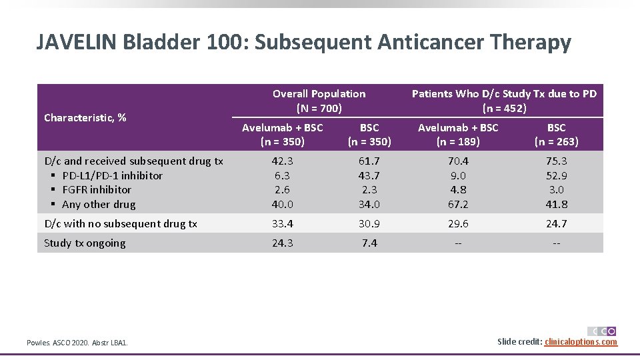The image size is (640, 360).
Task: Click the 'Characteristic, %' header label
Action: click(x=85, y=118)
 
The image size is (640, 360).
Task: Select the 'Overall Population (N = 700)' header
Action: click(x=319, y=101)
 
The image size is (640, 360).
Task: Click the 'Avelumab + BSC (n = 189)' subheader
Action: click(x=457, y=134)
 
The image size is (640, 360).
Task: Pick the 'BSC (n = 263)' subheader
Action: click(x=556, y=134)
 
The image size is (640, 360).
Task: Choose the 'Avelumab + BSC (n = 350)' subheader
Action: click(x=282, y=134)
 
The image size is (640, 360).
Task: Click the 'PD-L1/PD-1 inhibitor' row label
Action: click(x=112, y=175)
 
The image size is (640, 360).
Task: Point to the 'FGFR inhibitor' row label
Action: click(x=97, y=190)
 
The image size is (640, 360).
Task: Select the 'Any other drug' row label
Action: click(x=99, y=205)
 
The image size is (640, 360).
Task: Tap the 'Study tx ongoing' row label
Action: click(x=85, y=243)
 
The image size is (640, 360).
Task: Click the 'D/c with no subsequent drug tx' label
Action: click(x=120, y=224)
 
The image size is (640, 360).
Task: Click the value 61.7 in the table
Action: click(x=369, y=161)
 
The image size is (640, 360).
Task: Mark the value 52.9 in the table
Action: click(x=556, y=175)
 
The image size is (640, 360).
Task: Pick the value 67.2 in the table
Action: click(x=457, y=205)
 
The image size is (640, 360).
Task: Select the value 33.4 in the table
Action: click(x=282, y=224)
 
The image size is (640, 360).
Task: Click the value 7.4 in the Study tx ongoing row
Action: click(x=369, y=243)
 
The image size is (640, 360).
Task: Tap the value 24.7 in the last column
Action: click(x=556, y=224)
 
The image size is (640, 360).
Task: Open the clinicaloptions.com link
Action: click(x=581, y=342)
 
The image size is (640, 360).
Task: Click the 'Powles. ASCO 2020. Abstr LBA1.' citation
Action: click(x=77, y=343)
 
